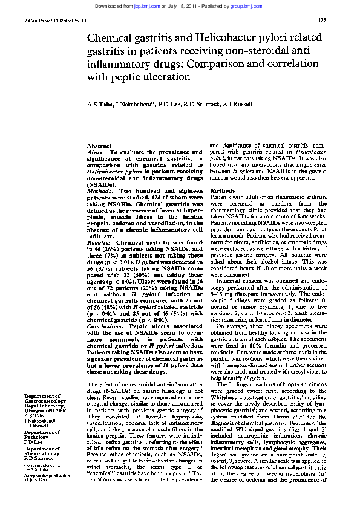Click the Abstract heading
point(99,147)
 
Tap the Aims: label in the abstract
point(97,153)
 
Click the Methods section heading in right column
point(222,190)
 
